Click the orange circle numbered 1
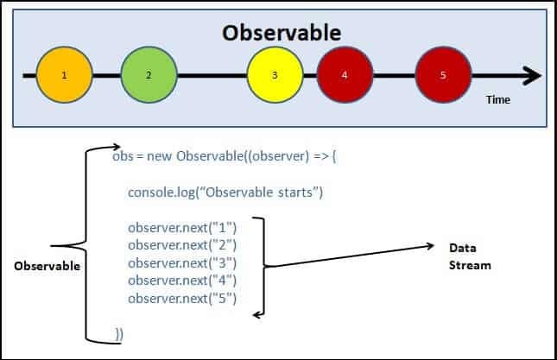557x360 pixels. point(65,76)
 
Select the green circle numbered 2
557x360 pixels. point(149,76)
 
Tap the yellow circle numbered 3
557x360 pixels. point(275,76)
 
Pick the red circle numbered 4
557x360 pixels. point(345,76)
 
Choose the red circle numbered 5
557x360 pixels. point(443,76)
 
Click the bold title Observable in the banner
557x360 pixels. point(282,33)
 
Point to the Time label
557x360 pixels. point(497,100)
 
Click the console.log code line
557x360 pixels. point(225,192)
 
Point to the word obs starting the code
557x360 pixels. point(123,157)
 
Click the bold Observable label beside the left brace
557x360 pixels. point(47,266)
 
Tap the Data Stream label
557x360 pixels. point(469,256)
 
